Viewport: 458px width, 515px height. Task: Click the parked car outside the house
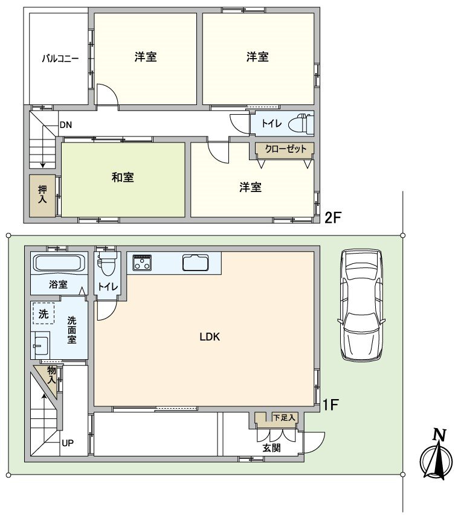coord(362,305)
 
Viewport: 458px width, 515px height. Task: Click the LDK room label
coord(210,337)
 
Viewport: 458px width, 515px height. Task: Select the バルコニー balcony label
coord(60,59)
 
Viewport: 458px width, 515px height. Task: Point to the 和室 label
coord(123,178)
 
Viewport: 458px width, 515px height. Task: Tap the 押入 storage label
coord(42,194)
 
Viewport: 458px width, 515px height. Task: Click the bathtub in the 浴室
coord(59,263)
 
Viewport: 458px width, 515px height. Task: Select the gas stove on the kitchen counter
coord(142,263)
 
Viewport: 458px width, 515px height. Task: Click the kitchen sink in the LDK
coord(196,263)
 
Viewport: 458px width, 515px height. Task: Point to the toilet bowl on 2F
coord(301,123)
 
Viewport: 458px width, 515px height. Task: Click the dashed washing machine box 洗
coord(44,313)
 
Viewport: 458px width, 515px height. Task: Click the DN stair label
coord(66,125)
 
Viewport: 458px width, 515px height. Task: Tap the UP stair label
coord(68,443)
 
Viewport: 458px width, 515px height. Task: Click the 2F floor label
coord(334,217)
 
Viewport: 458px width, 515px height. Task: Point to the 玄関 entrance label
coord(271,447)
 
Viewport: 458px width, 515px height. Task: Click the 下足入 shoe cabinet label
coord(284,418)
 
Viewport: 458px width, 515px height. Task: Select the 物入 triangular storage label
coord(51,375)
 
